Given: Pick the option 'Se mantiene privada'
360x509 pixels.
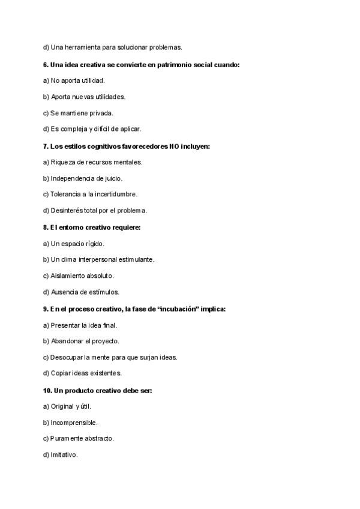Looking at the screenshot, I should pyautogui.click(x=78, y=113).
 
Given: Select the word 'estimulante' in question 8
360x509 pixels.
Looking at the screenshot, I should pyautogui.click(x=135, y=260).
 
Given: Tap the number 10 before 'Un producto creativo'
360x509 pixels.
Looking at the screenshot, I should pyautogui.click(x=47, y=391).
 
